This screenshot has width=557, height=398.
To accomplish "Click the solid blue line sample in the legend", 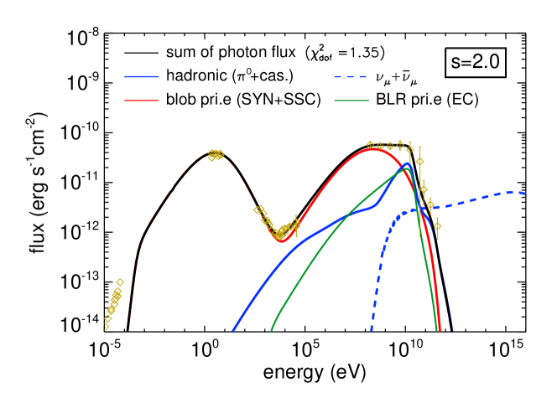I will click(x=141, y=77).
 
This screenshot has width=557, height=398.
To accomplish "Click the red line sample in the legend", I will click(x=141, y=101).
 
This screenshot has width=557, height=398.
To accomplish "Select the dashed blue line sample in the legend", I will click(x=350, y=77).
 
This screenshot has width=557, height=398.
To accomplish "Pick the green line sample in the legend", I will click(x=351, y=101).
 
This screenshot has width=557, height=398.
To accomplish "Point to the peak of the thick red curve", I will click(x=372, y=149).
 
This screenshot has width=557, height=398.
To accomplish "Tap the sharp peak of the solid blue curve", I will click(x=407, y=164).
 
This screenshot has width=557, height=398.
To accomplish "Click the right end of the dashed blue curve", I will click(x=525, y=194).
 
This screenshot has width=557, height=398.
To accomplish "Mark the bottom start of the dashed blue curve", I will click(x=372, y=330).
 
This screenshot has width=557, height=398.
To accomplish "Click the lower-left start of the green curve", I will click(x=271, y=330).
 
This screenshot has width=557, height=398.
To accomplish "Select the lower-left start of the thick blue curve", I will click(x=233, y=330).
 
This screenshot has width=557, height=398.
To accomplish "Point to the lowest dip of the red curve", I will click(x=280, y=240).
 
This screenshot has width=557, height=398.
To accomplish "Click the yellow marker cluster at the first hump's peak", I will click(x=216, y=154).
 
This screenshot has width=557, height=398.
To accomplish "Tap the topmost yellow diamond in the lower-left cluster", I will click(x=120, y=282).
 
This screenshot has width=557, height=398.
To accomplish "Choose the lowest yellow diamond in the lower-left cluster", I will click(x=106, y=327).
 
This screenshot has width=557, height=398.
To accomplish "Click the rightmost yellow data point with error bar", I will click(x=437, y=225).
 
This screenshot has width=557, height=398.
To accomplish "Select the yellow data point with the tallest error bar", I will click(x=419, y=162).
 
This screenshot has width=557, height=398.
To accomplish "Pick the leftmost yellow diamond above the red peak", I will click(x=370, y=145).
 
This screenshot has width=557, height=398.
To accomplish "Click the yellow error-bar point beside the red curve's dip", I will click(x=295, y=224).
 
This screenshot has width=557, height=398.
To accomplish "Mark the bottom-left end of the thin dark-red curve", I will click(x=127, y=331).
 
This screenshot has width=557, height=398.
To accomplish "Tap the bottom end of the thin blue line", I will click(x=453, y=331).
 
